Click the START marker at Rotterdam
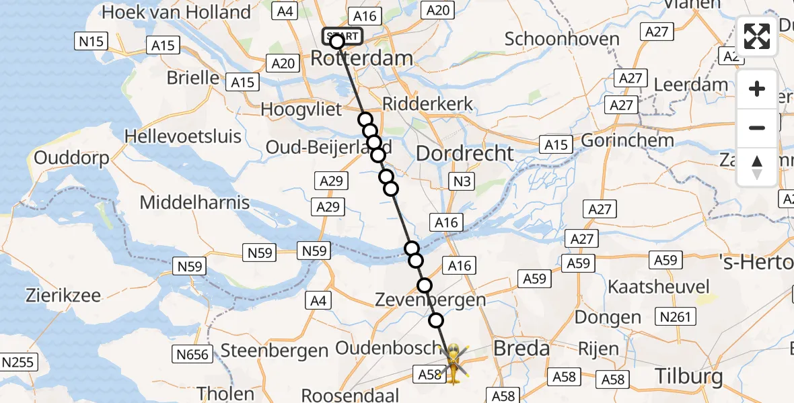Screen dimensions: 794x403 click(x=342, y=36)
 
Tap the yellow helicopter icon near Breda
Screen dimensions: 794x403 click(x=454, y=363)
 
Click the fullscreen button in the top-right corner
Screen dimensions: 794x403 click(x=757, y=36)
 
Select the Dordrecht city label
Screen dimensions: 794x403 click(x=465, y=153)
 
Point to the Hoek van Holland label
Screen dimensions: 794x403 click(x=176, y=12)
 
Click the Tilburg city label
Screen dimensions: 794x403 click(x=690, y=375)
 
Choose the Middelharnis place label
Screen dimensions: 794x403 click(x=194, y=202)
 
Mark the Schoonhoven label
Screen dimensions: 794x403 click(x=562, y=38)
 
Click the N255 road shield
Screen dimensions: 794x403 click(x=16, y=363)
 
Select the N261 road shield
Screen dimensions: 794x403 click(x=675, y=316)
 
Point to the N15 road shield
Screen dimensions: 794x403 click(x=91, y=42)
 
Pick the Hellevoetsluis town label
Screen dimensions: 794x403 click(x=183, y=136)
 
